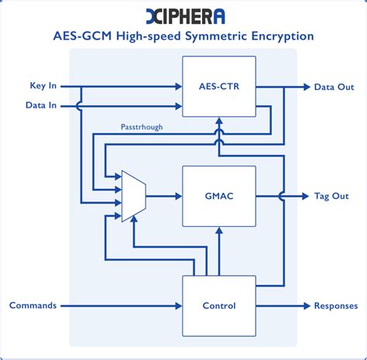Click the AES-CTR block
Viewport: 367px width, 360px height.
pos(219,87)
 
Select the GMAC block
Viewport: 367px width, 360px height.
pos(219,196)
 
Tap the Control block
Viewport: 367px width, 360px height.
pos(219,305)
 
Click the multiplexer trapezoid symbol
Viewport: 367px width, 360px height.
pos(133,196)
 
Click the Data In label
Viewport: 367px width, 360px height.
pos(40,105)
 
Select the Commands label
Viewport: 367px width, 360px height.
pos(33,305)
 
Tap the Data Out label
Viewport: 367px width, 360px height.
pos(334,87)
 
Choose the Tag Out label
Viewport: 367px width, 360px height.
pos(331,196)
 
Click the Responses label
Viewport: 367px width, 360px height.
pos(335,305)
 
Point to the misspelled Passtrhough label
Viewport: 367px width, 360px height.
pos(142,126)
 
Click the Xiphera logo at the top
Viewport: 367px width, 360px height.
pos(183,15)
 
